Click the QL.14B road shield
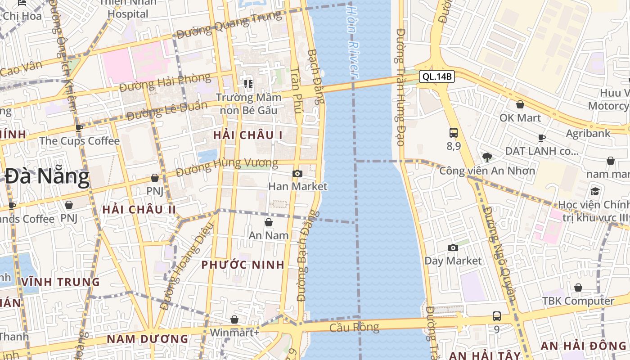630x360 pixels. point(436,76)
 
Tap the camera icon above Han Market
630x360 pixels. point(297,173)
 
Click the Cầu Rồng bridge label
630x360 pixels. point(354,327)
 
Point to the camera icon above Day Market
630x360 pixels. point(453,247)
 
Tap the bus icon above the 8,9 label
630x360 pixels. point(453,133)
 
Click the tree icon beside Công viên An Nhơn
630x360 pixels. point(486,157)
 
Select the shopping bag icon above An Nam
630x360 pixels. point(268,222)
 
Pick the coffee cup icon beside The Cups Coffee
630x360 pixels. point(79,128)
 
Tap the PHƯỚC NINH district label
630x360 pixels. point(243,265)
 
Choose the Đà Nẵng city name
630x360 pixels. point(47,176)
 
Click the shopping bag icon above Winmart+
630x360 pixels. point(234,319)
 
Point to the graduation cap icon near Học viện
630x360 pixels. point(595,191)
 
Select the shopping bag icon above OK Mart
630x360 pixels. point(520,104)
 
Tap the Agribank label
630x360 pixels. point(588,133)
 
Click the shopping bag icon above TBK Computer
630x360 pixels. point(578,288)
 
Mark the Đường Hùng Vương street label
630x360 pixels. point(227,166)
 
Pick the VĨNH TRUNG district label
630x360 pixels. point(60,282)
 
